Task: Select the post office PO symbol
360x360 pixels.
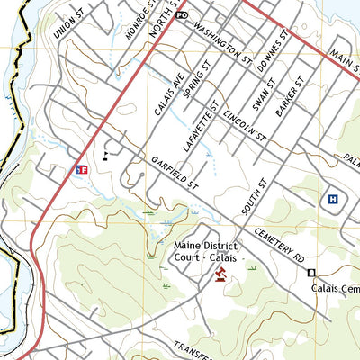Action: click(x=181, y=15)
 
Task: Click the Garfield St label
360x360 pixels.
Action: click(x=175, y=170)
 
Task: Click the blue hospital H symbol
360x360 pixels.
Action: click(x=333, y=199)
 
